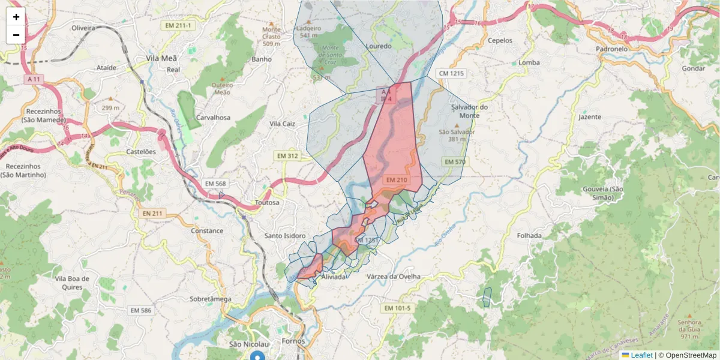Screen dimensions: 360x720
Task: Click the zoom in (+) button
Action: (16, 17)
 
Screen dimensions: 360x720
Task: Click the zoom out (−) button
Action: (16, 35)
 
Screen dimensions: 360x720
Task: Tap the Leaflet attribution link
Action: (641, 355)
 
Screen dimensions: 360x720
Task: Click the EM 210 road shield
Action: (397, 179)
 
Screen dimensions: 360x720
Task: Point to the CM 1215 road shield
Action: (451, 73)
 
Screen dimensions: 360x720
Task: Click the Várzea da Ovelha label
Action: (393, 277)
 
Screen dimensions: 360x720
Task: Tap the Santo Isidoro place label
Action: (286, 236)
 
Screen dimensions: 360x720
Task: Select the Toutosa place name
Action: (267, 203)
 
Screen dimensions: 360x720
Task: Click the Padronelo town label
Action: (611, 49)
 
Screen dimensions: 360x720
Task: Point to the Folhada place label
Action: (529, 236)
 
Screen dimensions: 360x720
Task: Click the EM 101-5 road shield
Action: (397, 308)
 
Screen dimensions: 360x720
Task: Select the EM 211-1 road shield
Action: (179, 25)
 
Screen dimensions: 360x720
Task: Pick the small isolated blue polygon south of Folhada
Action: (487, 297)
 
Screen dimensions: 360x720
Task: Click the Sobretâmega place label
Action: (210, 298)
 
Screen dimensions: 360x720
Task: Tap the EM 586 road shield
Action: (141, 310)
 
